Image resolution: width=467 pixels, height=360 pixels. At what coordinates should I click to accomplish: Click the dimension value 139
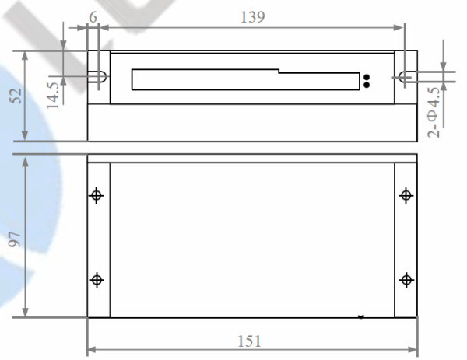coord(252,16)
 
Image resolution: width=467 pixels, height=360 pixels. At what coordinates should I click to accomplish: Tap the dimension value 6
coord(93,17)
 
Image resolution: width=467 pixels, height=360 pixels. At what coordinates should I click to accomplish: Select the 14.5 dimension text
coord(53,95)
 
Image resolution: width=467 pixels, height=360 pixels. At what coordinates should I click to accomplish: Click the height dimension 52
coord(16,96)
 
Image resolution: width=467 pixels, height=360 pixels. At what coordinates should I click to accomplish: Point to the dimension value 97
coord(14,239)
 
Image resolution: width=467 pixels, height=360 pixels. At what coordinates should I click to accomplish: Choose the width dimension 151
coord(249,341)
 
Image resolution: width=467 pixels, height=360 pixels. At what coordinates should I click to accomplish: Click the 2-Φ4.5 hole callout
coord(434,112)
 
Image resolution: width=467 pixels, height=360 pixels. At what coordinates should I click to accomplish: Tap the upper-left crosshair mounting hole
coord(97,195)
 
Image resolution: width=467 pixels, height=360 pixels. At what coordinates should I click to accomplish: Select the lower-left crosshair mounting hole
coord(97,280)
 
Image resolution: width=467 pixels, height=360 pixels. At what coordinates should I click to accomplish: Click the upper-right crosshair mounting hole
coord(406,195)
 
